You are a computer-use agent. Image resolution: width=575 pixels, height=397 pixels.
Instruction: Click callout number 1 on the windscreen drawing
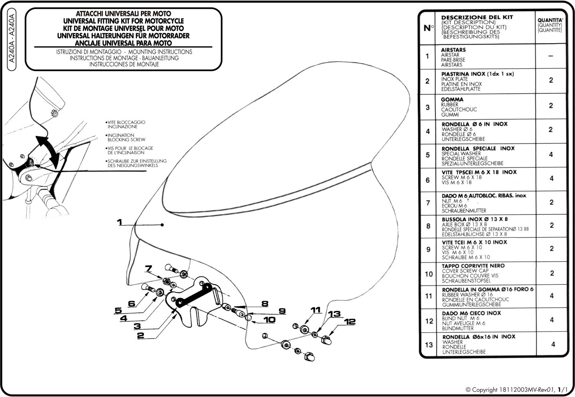pyautogui.click(x=120, y=223)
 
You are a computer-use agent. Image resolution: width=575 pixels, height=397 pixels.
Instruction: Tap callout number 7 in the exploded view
pyautogui.click(x=149, y=269)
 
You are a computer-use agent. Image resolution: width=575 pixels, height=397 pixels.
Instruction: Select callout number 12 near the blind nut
pyautogui.click(x=350, y=322)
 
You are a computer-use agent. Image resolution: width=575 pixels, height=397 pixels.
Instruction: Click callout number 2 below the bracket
pyautogui.click(x=140, y=336)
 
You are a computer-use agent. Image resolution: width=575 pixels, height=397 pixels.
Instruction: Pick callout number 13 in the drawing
pyautogui.click(x=335, y=314)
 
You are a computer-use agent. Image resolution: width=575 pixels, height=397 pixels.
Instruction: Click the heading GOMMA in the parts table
pyautogui.click(x=452, y=100)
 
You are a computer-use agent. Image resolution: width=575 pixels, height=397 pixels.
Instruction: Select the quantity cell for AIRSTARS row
pyautogui.click(x=551, y=56)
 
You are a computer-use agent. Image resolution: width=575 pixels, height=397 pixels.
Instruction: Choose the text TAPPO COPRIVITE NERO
pyautogui.click(x=473, y=266)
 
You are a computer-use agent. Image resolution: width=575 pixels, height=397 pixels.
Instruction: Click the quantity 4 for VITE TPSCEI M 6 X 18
pyautogui.click(x=551, y=179)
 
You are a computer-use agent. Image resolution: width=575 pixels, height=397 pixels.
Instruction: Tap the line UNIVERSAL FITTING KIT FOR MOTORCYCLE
pyautogui.click(x=124, y=21)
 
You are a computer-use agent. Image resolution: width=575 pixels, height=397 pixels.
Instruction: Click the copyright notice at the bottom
pyautogui.click(x=516, y=389)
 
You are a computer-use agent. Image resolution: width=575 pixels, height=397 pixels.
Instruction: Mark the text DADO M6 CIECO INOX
pyautogui.click(x=471, y=313)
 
